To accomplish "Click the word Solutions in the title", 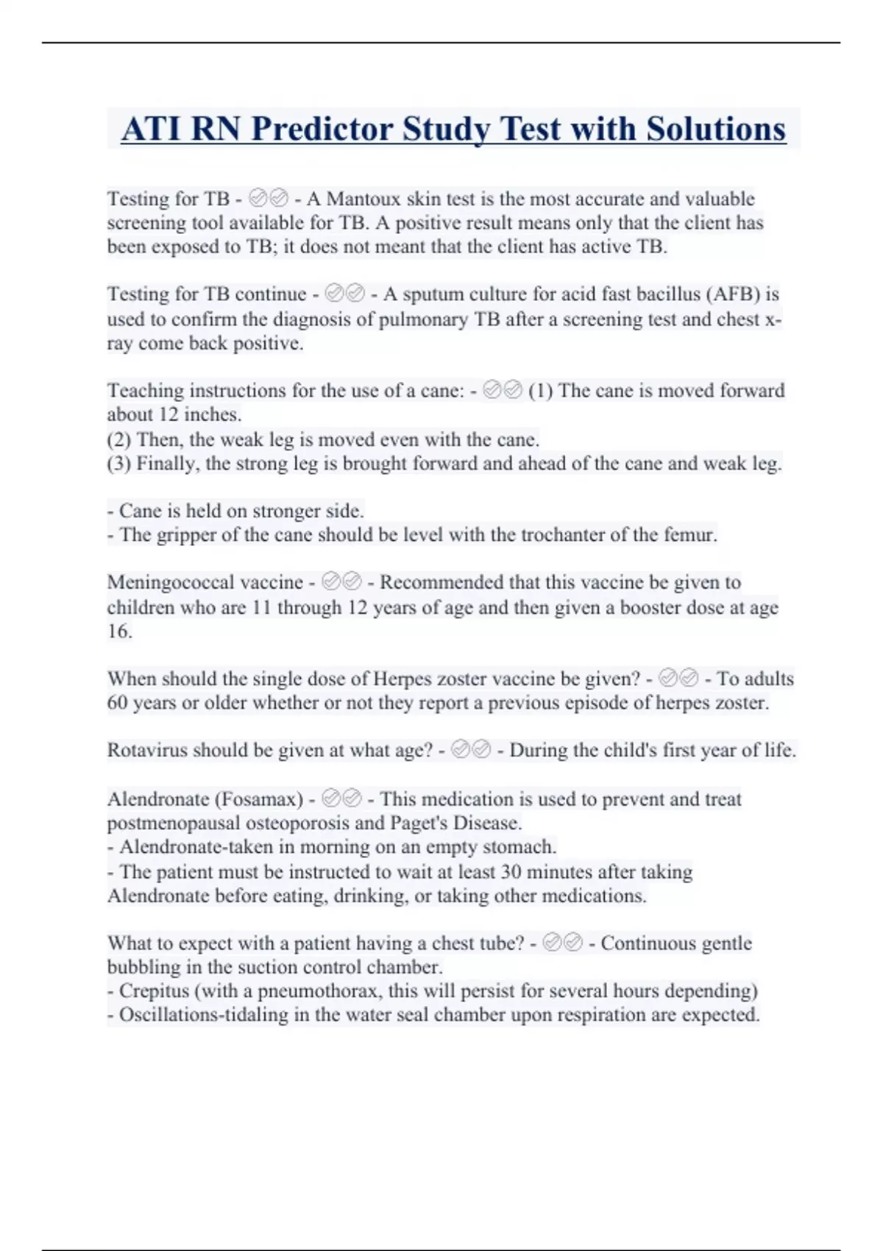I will coord(716,130).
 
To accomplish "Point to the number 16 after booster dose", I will coord(118,631).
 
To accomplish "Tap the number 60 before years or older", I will coord(118,703).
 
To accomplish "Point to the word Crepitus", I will coord(151,991).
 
